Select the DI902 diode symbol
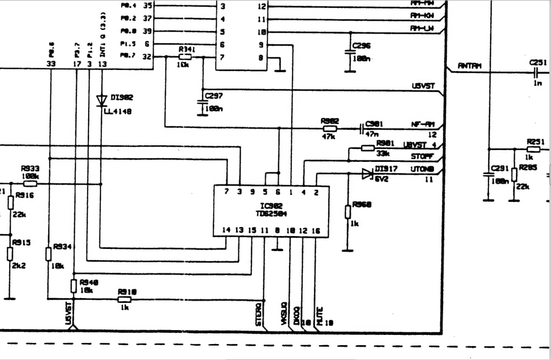(101, 100)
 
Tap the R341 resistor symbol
(185, 57)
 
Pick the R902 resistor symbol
(330, 128)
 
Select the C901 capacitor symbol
(362, 128)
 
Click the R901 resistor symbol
(367, 148)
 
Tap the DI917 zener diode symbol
(366, 173)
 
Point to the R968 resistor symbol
(348, 212)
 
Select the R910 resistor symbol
(124, 300)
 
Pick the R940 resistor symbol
(74, 286)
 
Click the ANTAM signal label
(469, 66)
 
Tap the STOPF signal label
(422, 156)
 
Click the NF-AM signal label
(422, 124)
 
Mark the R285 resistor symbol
(514, 175)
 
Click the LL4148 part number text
(118, 111)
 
